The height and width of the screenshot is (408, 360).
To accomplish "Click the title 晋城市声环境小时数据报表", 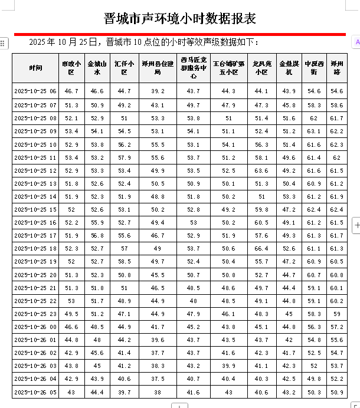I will [x=180, y=18].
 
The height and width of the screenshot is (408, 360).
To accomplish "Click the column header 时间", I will [x=35, y=68].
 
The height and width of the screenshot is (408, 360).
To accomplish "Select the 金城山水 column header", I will [x=97, y=68].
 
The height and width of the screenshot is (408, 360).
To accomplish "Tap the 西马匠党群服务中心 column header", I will [x=194, y=68].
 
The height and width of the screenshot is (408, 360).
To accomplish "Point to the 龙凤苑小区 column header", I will [x=261, y=68].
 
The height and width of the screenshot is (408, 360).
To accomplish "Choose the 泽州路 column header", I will [x=337, y=68].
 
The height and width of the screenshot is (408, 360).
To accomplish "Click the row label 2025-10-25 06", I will [x=35, y=91].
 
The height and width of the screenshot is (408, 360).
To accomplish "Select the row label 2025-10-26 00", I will [x=35, y=327].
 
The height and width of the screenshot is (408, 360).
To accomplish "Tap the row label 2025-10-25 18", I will [x=35, y=248].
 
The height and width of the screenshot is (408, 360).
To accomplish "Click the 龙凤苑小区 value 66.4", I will [x=261, y=248].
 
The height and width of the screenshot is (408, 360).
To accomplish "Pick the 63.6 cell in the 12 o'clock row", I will [x=261, y=170].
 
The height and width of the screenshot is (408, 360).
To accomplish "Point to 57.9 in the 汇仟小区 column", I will [x=124, y=157].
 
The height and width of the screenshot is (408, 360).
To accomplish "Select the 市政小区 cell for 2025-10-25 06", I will [x=71, y=91].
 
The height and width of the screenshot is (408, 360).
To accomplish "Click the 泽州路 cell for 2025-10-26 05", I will [x=337, y=392].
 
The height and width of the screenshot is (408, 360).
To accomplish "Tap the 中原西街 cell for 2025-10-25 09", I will [x=313, y=131].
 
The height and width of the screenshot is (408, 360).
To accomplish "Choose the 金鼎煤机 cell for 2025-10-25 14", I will [x=289, y=196].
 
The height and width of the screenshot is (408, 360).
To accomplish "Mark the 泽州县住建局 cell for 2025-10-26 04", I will [x=158, y=379].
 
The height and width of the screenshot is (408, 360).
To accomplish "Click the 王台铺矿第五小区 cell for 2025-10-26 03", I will [x=228, y=366].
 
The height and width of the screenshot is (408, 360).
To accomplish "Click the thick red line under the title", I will [x=180, y=34].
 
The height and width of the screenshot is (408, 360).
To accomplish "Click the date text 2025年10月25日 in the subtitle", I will [x=66, y=42].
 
